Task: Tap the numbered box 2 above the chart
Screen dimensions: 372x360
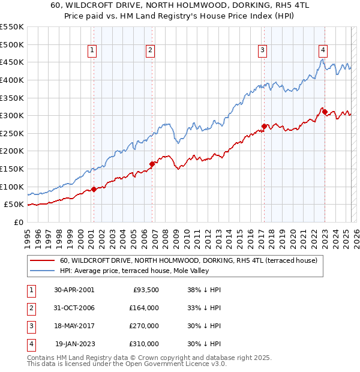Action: point(150,51)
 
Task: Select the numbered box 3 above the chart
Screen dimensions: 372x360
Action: point(263,51)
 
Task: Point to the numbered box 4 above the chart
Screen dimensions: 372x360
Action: point(323,51)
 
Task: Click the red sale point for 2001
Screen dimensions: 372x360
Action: point(94,189)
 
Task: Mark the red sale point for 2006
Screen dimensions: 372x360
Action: point(152,164)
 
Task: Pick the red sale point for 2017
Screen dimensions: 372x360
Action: point(264,126)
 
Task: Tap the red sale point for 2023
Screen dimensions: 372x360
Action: point(325,112)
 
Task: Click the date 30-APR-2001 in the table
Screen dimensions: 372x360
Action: point(74,290)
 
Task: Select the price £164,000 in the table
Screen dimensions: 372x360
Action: point(144,308)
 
